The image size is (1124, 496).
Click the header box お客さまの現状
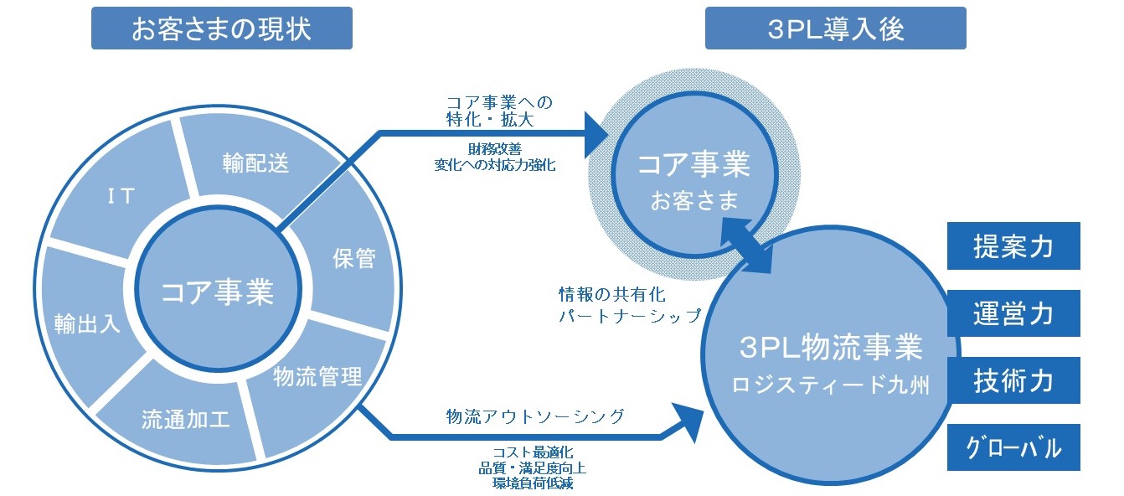click(221, 29)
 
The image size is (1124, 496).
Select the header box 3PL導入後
click(835, 29)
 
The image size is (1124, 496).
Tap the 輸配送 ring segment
click(255, 162)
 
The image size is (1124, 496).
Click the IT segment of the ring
click(121, 195)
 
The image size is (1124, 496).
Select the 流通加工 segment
click(186, 418)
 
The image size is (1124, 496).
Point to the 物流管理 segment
click(317, 376)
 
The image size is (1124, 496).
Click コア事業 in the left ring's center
click(217, 292)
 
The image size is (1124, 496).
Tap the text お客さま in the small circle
click(694, 202)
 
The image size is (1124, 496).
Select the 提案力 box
click(1013, 246)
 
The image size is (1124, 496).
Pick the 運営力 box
click(1013, 314)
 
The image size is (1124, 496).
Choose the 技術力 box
click(1013, 381)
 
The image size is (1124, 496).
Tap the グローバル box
click(1013, 448)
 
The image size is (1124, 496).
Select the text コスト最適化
click(533, 452)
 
